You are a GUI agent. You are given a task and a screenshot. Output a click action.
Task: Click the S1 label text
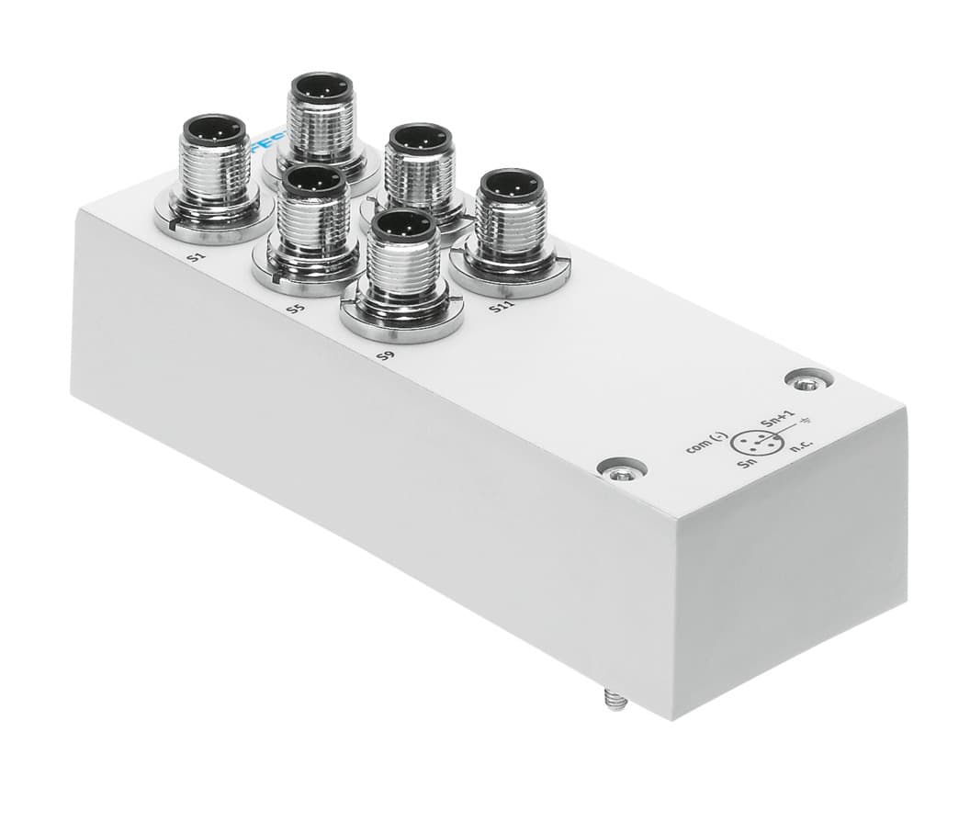(x=195, y=259)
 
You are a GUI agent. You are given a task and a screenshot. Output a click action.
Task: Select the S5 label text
(x=293, y=310)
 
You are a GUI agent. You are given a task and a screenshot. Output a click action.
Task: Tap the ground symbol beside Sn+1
(x=806, y=423)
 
